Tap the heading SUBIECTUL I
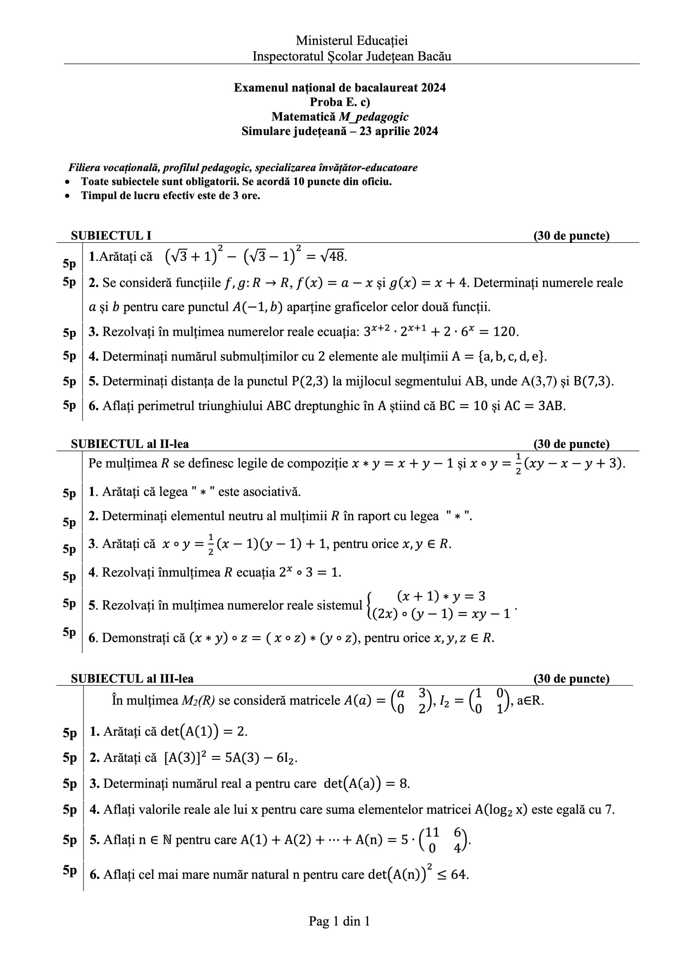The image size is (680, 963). [111, 236]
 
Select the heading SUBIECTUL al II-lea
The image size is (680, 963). [130, 444]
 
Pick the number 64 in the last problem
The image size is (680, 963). [459, 875]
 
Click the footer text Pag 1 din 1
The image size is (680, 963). [339, 922]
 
